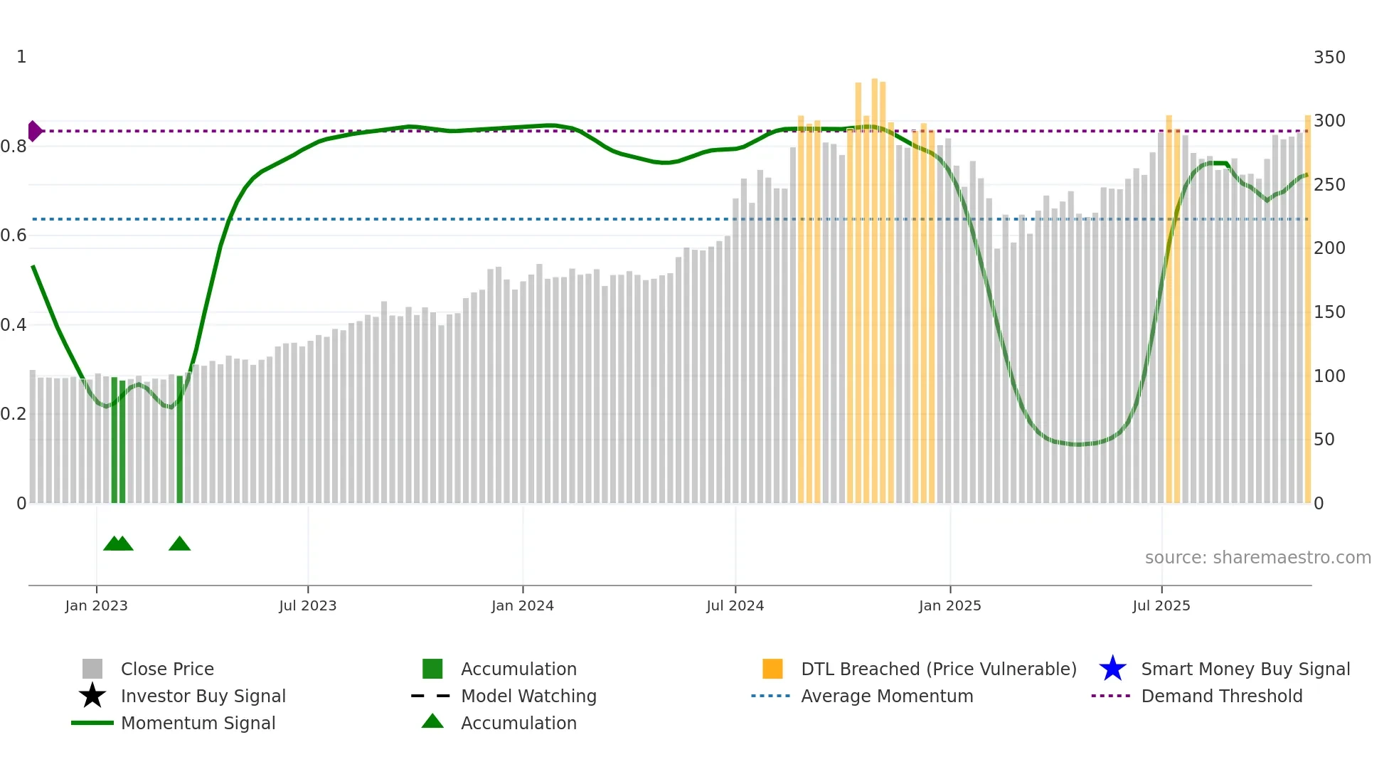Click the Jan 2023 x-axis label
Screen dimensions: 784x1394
96,605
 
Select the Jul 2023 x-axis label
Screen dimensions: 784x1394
307,605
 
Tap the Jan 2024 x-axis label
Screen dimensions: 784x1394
522,605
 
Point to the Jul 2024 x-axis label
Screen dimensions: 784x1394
735,605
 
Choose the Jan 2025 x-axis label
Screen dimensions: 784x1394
949,605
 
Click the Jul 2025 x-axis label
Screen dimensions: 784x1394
1161,605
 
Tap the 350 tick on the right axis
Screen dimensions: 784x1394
1329,58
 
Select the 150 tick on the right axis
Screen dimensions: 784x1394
1329,312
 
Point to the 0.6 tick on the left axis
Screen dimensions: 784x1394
14,235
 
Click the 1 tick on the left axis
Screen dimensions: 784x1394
21,57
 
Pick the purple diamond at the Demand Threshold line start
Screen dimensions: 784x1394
34,131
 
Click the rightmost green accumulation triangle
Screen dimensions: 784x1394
179,544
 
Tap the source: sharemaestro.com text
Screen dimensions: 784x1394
1257,558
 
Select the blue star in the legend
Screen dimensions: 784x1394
1112,669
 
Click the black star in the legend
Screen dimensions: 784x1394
92,696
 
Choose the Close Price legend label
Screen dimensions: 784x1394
167,669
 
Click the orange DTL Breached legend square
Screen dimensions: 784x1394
772,669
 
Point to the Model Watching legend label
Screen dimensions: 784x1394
528,696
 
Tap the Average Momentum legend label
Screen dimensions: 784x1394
887,696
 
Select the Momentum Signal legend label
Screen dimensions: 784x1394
198,724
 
